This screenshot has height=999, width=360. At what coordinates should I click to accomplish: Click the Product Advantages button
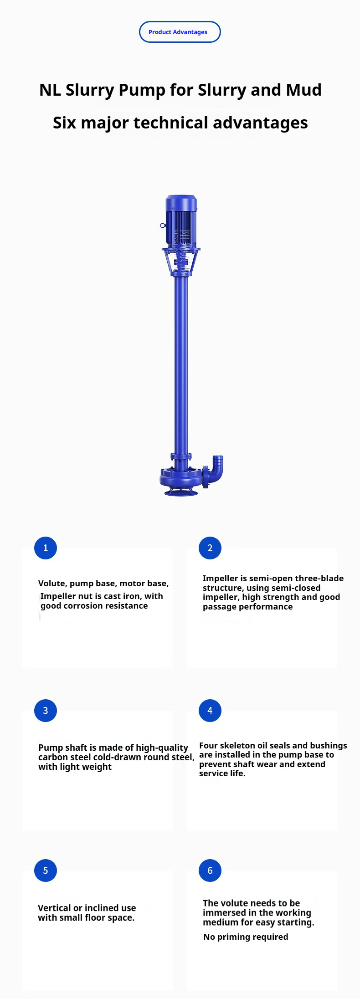click(180, 32)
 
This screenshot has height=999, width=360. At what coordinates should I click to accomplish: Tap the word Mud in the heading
click(304, 90)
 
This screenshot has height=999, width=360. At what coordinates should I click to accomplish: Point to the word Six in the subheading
click(64, 123)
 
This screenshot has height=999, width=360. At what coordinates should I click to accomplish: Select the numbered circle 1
click(46, 548)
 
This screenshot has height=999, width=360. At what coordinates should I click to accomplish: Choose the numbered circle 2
click(210, 548)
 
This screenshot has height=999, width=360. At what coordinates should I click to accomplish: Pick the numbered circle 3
click(46, 711)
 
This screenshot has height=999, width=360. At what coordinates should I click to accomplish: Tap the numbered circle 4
click(210, 711)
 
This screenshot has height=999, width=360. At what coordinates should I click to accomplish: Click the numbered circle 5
click(46, 871)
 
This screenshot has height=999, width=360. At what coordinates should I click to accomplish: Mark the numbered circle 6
click(210, 871)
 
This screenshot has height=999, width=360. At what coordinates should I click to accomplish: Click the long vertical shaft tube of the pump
click(181, 364)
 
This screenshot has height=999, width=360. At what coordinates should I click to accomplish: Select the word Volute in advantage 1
click(52, 584)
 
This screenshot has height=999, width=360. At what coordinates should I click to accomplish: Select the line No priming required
click(246, 937)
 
